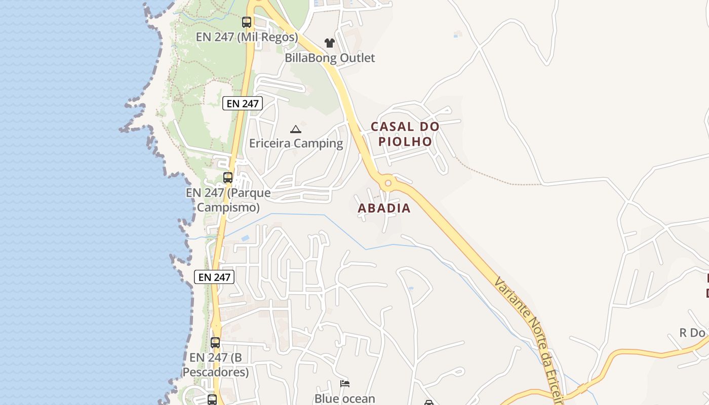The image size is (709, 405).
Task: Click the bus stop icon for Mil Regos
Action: pyautogui.click(x=247, y=22)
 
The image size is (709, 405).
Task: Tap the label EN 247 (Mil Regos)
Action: pyautogui.click(x=247, y=37)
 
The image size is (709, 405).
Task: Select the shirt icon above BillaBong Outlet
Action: pyautogui.click(x=330, y=43)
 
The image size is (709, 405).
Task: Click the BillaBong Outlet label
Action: pyautogui.click(x=330, y=58)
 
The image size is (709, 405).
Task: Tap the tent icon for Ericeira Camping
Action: pyautogui.click(x=296, y=129)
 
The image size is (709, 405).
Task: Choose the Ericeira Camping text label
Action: pyautogui.click(x=296, y=143)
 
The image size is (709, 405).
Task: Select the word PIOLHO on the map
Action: pyautogui.click(x=405, y=141)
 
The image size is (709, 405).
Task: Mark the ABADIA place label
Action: pyautogui.click(x=384, y=208)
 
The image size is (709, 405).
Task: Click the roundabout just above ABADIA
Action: pyautogui.click(x=388, y=183)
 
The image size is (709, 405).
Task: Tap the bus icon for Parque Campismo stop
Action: pyautogui.click(x=228, y=178)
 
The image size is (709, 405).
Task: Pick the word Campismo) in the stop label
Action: pyautogui.click(x=228, y=207)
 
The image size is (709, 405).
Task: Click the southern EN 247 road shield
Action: pyautogui.click(x=214, y=276)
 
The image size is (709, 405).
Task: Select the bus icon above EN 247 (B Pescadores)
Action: pyautogui.click(x=215, y=343)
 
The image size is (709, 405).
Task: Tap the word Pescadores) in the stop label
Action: pyautogui.click(x=215, y=372)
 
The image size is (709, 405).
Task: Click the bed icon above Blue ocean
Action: pyautogui.click(x=345, y=384)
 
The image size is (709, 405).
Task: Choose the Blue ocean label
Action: pyautogui.click(x=345, y=398)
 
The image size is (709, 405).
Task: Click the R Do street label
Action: pyautogui.click(x=692, y=333)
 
